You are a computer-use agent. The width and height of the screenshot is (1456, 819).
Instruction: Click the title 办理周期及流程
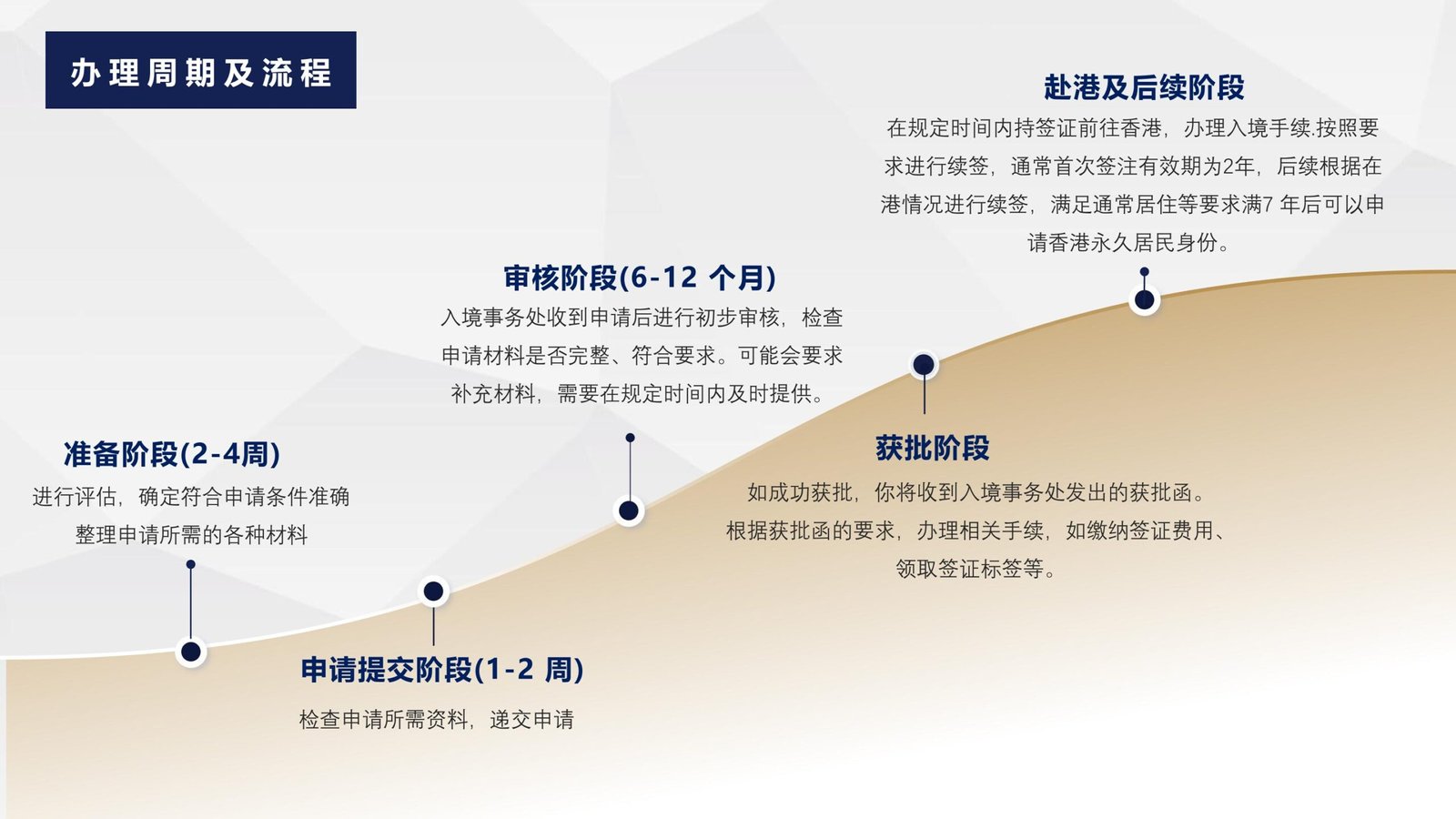point(201,72)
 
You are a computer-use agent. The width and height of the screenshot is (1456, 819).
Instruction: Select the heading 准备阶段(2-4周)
point(172,454)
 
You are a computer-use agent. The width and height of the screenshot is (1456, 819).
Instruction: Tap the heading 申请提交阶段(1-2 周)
point(442,670)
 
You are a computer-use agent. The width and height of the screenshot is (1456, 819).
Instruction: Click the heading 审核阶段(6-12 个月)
point(640,278)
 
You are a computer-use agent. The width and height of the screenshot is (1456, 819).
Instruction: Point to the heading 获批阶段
point(932,448)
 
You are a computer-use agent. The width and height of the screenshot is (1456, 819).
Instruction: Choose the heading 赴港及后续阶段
point(1143,87)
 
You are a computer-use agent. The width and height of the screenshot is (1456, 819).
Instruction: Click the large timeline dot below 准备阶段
point(190,652)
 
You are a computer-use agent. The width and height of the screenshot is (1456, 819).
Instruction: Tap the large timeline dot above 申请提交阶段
point(433,591)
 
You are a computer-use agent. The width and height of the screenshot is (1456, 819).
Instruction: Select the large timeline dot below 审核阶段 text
point(629,511)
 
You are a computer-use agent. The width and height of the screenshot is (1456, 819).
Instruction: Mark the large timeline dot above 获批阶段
point(924,365)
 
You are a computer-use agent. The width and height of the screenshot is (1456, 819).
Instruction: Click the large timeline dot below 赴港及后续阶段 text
point(1145,299)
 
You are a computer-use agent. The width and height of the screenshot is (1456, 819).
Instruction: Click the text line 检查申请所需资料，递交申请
point(436,720)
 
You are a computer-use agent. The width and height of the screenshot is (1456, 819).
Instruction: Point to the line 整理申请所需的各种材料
point(191,535)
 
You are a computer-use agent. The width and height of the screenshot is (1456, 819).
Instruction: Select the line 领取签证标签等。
point(975,569)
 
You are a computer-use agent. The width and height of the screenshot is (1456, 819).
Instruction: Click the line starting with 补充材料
point(638,393)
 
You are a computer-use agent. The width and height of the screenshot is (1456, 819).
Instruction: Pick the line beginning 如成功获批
point(975,492)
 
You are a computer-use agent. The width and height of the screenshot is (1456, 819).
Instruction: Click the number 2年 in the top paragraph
point(1238,167)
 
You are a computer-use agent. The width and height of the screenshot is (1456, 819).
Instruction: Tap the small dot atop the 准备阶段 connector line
point(190,565)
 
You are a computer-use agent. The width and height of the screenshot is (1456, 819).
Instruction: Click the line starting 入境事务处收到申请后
point(642,318)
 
